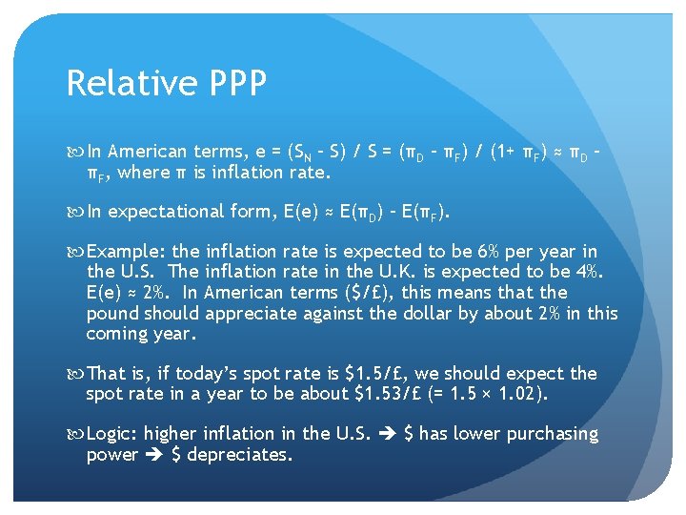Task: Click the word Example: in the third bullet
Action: click(x=126, y=252)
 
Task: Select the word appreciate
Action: click(x=251, y=313)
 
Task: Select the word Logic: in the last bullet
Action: click(x=112, y=434)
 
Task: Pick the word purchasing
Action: click(x=553, y=434)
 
